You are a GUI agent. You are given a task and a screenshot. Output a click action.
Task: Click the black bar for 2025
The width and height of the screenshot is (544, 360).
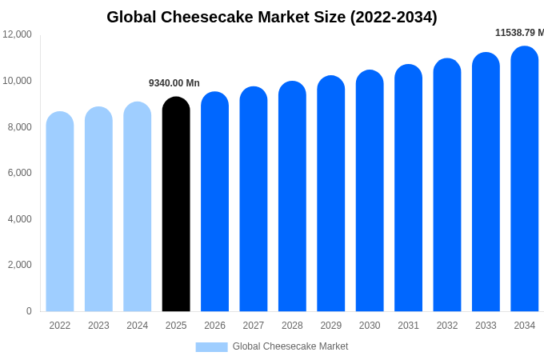[x=176, y=204]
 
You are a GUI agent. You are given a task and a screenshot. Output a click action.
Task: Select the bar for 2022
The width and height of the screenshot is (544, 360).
[x=60, y=211]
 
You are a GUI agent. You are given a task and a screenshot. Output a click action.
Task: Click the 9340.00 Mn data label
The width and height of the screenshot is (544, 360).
[x=174, y=83]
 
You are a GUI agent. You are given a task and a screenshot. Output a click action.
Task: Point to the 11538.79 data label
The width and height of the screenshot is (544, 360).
[x=518, y=33]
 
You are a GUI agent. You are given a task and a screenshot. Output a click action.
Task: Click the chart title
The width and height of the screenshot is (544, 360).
[x=272, y=17]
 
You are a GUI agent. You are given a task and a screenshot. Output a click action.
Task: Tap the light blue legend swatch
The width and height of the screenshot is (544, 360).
[x=211, y=347]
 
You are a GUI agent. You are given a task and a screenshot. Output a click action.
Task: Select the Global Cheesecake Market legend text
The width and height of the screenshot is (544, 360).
[x=290, y=346]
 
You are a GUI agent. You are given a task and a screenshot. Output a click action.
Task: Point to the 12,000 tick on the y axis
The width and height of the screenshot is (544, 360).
[x=17, y=34]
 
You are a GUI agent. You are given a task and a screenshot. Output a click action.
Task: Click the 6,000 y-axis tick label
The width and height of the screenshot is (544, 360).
[x=19, y=173]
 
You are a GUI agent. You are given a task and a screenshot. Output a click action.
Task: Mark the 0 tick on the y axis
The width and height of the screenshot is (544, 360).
[x=29, y=311]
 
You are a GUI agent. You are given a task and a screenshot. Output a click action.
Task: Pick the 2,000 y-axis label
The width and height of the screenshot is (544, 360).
[x=19, y=265]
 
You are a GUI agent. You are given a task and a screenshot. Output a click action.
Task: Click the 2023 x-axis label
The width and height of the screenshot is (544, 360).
[x=98, y=326]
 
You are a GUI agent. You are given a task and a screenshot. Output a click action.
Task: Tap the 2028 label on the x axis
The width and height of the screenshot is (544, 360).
[x=292, y=326]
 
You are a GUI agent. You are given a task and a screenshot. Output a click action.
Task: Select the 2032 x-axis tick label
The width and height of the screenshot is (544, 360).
[x=447, y=326]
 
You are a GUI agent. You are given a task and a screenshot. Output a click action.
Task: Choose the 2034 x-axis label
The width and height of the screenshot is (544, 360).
[x=525, y=326]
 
